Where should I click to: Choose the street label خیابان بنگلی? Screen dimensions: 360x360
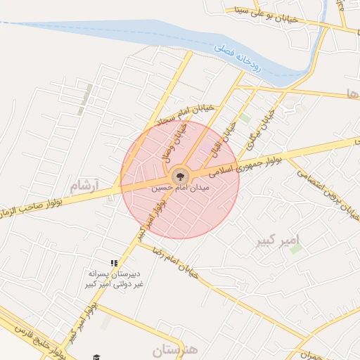(261, 129)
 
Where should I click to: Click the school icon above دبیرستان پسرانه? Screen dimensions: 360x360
(114, 263)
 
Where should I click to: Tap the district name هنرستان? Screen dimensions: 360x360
(175, 349)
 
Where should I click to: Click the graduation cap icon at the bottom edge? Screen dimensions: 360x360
(96, 356)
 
